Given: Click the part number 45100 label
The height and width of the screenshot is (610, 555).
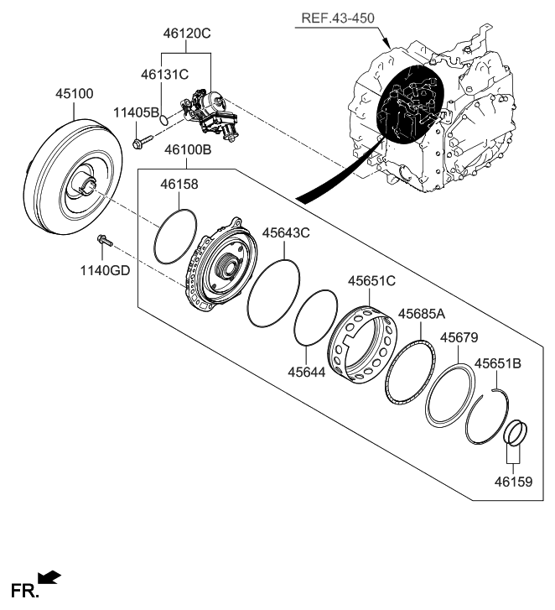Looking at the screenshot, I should coord(75,93).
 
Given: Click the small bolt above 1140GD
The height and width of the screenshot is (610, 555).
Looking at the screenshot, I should coord(105,241).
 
